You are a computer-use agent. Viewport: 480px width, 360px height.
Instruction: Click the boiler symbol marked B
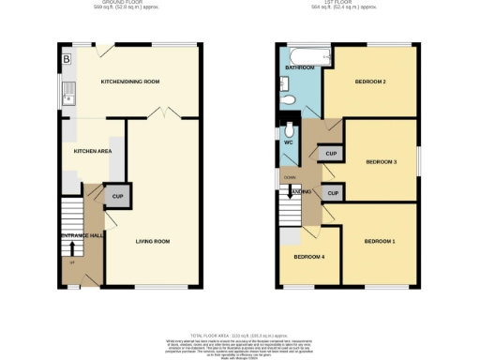click(67, 61)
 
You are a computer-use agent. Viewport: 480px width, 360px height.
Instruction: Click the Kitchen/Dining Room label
click(130, 82)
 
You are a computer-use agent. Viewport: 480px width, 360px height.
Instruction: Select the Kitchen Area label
click(93, 150)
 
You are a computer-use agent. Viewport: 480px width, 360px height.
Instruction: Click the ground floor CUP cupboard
click(118, 196)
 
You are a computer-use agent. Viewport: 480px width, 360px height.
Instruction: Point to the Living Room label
click(153, 241)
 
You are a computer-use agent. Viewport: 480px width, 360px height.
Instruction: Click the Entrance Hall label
click(82, 234)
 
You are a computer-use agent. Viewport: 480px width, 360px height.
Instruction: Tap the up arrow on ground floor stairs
click(70, 248)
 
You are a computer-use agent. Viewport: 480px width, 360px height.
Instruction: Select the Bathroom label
click(300, 67)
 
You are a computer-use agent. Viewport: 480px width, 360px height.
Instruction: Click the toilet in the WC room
click(289, 130)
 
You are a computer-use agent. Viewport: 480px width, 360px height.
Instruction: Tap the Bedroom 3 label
click(381, 162)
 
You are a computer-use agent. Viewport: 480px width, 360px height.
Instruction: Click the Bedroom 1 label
click(380, 242)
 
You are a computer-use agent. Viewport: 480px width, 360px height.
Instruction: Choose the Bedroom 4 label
click(308, 257)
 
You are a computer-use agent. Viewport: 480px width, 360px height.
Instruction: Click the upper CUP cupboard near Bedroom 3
click(331, 153)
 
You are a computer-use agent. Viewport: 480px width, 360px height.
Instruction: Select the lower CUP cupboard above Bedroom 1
click(331, 192)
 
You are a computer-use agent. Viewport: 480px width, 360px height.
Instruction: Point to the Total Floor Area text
click(239, 335)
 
